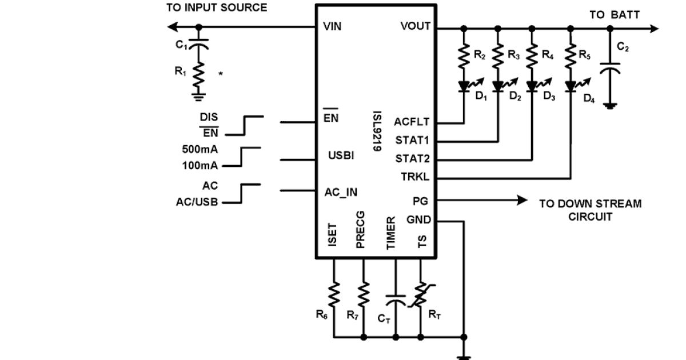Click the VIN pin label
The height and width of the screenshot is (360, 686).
tap(332, 27)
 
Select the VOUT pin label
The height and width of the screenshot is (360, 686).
tap(415, 27)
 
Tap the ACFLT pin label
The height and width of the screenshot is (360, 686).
tap(411, 121)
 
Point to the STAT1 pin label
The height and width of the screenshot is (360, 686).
tap(413, 140)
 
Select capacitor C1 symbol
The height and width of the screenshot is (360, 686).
tap(198, 44)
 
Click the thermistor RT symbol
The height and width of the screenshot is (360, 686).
tap(422, 297)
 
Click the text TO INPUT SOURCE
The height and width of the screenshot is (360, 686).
tap(216, 8)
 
